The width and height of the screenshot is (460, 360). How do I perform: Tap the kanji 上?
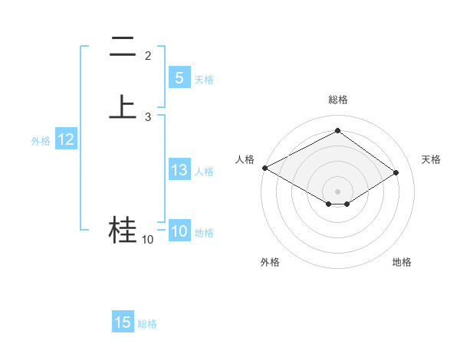(123, 106)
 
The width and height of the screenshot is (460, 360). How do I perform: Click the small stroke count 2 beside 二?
(148, 56)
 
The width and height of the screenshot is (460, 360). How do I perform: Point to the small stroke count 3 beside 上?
(148, 117)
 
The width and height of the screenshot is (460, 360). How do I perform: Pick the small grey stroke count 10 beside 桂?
(147, 240)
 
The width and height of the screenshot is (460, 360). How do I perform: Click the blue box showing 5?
(179, 77)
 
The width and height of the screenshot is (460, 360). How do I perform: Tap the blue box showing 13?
(179, 170)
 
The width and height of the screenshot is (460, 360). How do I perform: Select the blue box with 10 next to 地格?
(179, 231)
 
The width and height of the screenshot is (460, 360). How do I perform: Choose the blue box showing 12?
(65, 139)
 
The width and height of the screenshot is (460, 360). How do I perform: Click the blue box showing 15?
(123, 322)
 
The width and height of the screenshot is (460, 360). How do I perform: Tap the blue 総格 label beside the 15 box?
(147, 324)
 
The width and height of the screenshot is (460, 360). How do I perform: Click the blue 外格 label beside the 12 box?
(41, 141)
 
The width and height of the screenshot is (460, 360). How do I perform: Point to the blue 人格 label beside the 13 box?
(204, 172)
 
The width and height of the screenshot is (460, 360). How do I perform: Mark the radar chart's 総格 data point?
(337, 131)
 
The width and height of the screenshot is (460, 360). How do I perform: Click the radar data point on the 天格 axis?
(396, 172)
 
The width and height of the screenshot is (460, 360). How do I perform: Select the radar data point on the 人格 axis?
(264, 168)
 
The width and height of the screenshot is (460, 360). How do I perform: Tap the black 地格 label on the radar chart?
(402, 262)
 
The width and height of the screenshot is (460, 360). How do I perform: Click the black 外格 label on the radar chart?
(270, 262)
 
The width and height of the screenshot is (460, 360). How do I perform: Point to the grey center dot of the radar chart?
(337, 191)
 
